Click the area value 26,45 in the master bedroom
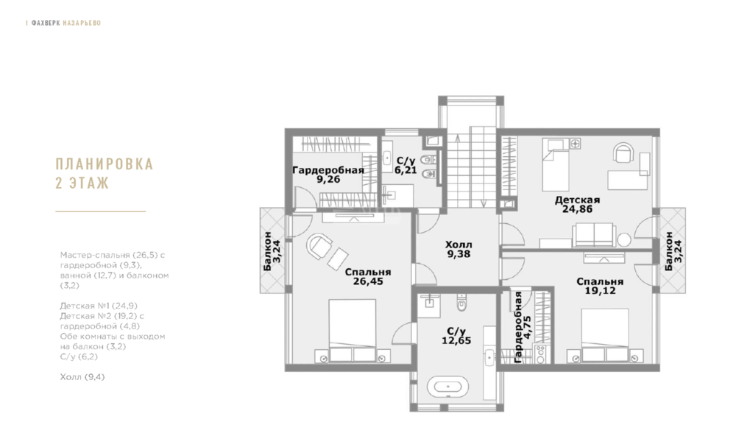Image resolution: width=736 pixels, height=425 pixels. click(368, 282)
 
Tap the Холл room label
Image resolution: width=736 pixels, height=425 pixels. click(459, 245)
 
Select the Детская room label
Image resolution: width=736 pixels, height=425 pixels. click(577, 200)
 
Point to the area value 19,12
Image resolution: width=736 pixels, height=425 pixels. click(601, 291)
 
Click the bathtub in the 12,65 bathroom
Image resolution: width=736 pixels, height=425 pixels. click(447, 387)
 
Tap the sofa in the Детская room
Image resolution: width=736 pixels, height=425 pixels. click(594, 234)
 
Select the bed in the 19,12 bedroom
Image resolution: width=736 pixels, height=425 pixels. click(604, 335)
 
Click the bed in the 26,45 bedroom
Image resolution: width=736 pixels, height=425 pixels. click(352, 331)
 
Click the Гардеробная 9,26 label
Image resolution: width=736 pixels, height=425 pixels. click(328, 175)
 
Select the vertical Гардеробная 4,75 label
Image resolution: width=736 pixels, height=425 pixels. click(522, 327)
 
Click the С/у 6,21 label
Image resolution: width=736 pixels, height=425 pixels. click(406, 166)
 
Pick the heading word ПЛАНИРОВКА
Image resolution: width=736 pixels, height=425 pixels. click(105, 164)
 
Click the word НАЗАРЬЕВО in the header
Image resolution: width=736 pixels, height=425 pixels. click(82, 23)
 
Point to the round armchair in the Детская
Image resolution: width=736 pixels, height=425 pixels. click(624, 152)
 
